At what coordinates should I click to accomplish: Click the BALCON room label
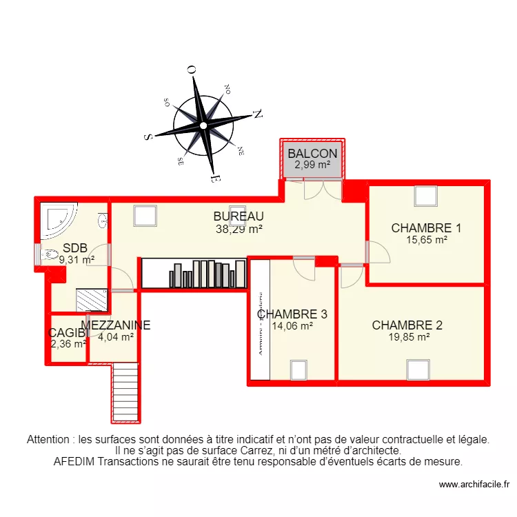(x=312, y=154)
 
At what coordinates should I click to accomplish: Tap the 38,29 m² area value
(x=239, y=230)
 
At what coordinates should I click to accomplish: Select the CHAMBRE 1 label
(x=426, y=228)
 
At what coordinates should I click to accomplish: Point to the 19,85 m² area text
(x=409, y=337)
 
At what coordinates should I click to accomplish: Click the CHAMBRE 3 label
(x=292, y=314)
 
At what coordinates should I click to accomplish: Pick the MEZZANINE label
(x=116, y=325)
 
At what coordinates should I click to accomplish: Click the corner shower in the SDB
(x=61, y=217)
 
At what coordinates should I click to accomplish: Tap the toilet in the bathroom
(x=50, y=255)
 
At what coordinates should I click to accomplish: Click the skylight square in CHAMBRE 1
(x=425, y=197)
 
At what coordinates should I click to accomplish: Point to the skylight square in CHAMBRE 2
(x=417, y=370)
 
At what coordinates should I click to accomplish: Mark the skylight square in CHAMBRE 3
(x=298, y=370)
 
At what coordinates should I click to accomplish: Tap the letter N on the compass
(x=258, y=115)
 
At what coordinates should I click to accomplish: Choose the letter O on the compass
(x=191, y=69)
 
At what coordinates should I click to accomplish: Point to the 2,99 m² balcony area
(x=312, y=165)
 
